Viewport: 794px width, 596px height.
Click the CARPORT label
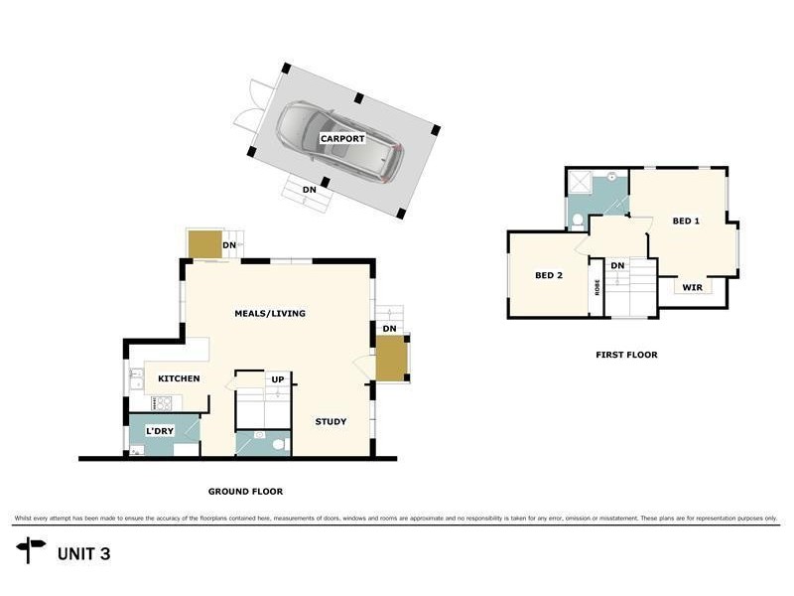pyautogui.click(x=341, y=139)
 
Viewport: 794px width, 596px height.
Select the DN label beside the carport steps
pyautogui.click(x=310, y=189)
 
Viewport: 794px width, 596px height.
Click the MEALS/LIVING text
pyautogui.click(x=269, y=313)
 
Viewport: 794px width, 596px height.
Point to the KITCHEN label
pyautogui.click(x=179, y=378)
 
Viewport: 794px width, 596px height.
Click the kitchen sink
pyautogui.click(x=136, y=377)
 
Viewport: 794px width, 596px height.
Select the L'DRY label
pyautogui.click(x=161, y=431)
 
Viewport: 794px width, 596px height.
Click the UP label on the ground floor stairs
pyautogui.click(x=279, y=378)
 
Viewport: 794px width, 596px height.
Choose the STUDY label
pyautogui.click(x=331, y=421)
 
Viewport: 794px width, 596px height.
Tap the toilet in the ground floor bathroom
pyautogui.click(x=278, y=444)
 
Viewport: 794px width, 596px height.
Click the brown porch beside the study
pyautogui.click(x=390, y=359)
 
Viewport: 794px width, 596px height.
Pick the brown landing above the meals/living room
pyautogui.click(x=204, y=244)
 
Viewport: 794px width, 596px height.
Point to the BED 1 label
pyautogui.click(x=686, y=221)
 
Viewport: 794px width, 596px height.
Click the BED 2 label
pyautogui.click(x=549, y=275)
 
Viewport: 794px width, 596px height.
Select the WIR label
pyautogui.click(x=692, y=287)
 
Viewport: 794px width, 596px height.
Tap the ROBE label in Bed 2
pyautogui.click(x=597, y=287)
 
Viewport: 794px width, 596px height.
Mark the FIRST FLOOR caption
pyautogui.click(x=626, y=355)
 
